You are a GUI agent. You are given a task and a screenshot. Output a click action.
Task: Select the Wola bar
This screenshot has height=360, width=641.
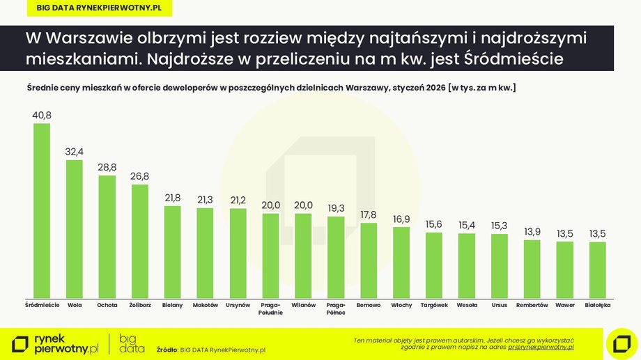(75, 228)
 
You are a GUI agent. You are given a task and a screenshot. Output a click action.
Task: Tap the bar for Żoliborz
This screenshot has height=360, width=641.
(140, 240)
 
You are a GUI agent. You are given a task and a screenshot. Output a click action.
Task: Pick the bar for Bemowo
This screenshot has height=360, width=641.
(369, 260)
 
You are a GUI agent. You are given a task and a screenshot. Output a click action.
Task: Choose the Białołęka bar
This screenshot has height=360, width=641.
(597, 269)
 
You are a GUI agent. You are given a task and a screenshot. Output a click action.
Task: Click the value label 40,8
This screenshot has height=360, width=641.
(42, 115)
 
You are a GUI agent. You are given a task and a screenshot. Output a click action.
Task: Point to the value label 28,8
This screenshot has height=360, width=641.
(107, 167)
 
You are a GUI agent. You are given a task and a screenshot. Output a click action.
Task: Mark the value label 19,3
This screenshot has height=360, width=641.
(336, 208)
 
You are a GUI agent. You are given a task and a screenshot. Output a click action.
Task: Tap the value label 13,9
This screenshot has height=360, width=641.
(532, 232)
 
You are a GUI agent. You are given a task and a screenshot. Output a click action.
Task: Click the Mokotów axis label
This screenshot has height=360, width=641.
(205, 305)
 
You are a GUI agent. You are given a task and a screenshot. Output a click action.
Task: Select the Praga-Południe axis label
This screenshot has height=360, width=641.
(270, 308)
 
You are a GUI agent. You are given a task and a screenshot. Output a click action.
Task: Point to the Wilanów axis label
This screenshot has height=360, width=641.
(303, 305)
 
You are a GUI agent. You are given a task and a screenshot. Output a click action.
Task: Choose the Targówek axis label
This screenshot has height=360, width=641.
(434, 305)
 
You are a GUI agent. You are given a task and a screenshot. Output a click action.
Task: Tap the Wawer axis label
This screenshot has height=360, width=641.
(564, 305)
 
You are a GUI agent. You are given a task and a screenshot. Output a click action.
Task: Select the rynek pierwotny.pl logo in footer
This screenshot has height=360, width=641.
(56, 343)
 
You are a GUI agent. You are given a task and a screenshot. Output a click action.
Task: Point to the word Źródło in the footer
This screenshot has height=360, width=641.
(167, 350)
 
